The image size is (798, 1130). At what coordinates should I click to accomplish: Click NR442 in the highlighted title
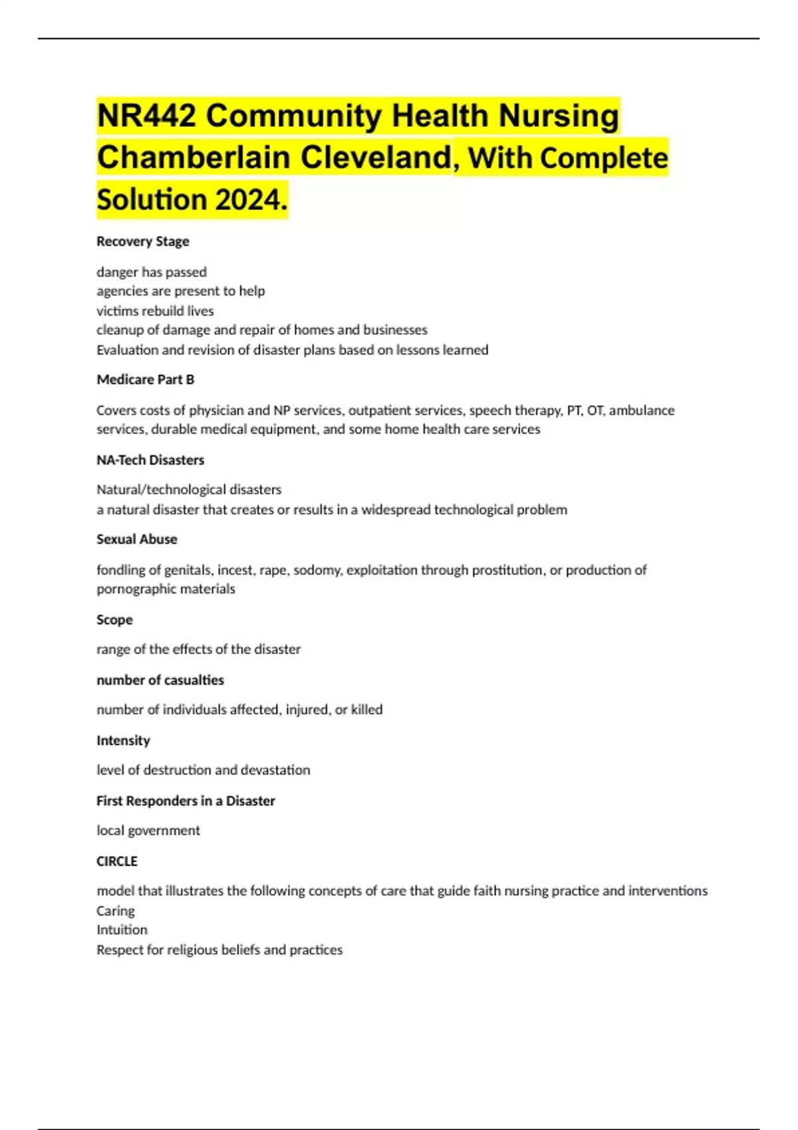tap(146, 116)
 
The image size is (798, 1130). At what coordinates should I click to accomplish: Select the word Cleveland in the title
tap(375, 158)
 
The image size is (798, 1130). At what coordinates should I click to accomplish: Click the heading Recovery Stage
tap(143, 241)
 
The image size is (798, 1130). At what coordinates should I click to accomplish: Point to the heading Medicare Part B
tap(146, 380)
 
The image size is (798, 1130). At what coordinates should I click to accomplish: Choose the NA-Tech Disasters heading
tap(150, 460)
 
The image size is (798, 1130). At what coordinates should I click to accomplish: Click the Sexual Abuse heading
tap(137, 539)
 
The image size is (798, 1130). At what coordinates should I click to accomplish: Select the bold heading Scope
tap(114, 620)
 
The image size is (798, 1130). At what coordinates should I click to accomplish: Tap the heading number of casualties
tap(160, 680)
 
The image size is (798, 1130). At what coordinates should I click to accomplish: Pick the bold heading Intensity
tap(123, 740)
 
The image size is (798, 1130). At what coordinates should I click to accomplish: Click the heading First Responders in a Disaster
tap(186, 801)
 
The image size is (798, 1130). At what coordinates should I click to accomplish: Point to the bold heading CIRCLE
tap(117, 861)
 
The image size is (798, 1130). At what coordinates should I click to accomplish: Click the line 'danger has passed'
tap(152, 272)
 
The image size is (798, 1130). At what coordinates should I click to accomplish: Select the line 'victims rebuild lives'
tap(155, 311)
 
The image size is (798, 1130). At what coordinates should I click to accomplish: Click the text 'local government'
tap(148, 830)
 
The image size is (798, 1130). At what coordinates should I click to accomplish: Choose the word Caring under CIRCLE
tap(116, 911)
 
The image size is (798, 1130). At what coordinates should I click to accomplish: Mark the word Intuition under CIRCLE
tap(122, 930)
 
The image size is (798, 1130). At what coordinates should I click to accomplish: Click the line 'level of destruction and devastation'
tap(203, 770)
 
